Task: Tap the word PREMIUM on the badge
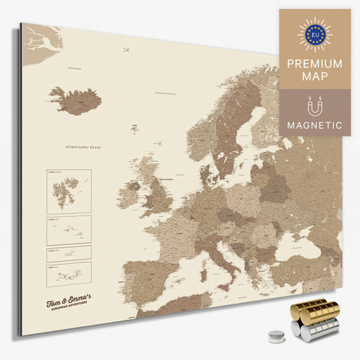coord(315,63)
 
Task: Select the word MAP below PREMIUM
coord(315,77)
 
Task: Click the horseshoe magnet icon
coord(315,104)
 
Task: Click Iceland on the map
coord(75,100)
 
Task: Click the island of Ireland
coord(127,194)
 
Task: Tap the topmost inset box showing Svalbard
coord(69,190)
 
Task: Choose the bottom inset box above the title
coord(69,273)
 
